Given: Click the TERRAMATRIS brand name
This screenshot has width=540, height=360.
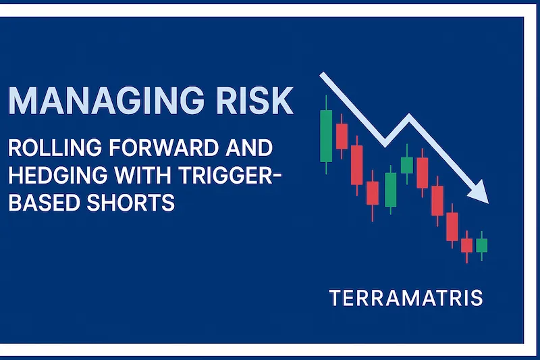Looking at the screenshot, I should [406, 298].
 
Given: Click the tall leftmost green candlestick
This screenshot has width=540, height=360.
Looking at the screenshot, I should [326, 136].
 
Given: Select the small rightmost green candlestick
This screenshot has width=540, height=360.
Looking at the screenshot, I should [481, 245].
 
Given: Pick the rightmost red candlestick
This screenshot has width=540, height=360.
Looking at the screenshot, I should [466, 245].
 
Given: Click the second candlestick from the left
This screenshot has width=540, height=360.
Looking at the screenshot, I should [342, 136].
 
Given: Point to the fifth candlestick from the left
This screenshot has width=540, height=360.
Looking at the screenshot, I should [390, 189].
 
